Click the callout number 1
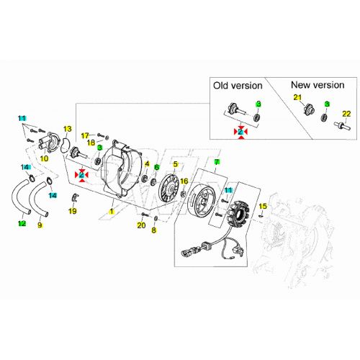[112, 212]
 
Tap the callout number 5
[176, 164]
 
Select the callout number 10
[44, 158]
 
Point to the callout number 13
[68, 129]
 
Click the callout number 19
[73, 211]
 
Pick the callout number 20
[141, 225]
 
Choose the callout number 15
[263, 206]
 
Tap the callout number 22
[346, 114]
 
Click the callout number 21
[297, 97]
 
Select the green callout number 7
[217, 162]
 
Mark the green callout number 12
[22, 223]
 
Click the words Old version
[238, 86]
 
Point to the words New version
[318, 85]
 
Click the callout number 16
[184, 181]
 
